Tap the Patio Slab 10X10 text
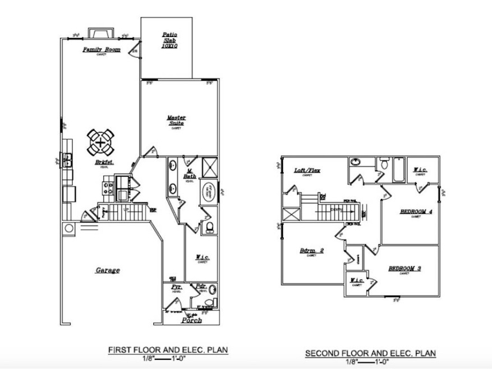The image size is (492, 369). pyautogui.click(x=170, y=41)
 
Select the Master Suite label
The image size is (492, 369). pyautogui.click(x=177, y=121)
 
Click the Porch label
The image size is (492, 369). pyautogui.click(x=191, y=320)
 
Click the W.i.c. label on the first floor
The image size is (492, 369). pyautogui.click(x=203, y=258)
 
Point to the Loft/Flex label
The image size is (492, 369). pyautogui.click(x=307, y=170)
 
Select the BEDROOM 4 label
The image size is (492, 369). pyautogui.click(x=416, y=211)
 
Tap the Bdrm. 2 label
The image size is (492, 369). pyautogui.click(x=311, y=251)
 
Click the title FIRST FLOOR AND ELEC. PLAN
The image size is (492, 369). pyautogui.click(x=168, y=350)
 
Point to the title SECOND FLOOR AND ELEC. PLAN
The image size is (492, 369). pyautogui.click(x=370, y=353)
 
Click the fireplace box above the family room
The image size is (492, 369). pyautogui.click(x=101, y=33)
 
